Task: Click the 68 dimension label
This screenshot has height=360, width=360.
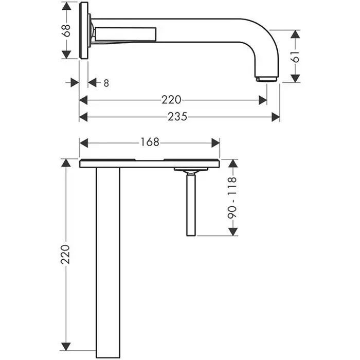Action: click(66, 30)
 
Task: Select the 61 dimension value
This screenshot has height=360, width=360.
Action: click(295, 57)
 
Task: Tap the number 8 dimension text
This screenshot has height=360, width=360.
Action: click(106, 83)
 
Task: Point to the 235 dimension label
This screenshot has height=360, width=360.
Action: click(177, 117)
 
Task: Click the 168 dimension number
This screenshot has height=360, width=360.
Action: click(150, 142)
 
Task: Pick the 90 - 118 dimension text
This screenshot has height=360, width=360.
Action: click(232, 197)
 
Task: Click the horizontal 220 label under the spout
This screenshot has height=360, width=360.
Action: click(171, 100)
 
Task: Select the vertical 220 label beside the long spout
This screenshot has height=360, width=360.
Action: click(65, 255)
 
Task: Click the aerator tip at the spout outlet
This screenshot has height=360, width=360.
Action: click(267, 79)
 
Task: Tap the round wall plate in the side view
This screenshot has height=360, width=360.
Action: click(83, 30)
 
